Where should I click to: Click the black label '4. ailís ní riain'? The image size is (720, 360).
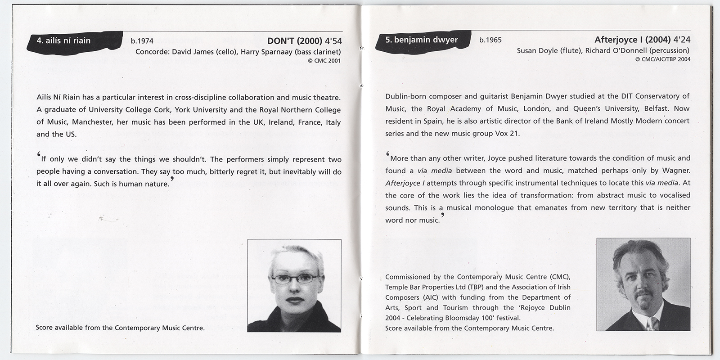(63, 40)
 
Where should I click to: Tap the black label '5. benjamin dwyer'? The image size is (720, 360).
(421, 40)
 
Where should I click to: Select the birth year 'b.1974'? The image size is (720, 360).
(142, 41)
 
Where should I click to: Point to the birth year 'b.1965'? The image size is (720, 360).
(490, 40)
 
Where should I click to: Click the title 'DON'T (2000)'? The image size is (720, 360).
(295, 40)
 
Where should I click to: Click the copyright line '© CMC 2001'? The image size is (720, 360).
(324, 61)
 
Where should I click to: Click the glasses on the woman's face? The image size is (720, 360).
(294, 280)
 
